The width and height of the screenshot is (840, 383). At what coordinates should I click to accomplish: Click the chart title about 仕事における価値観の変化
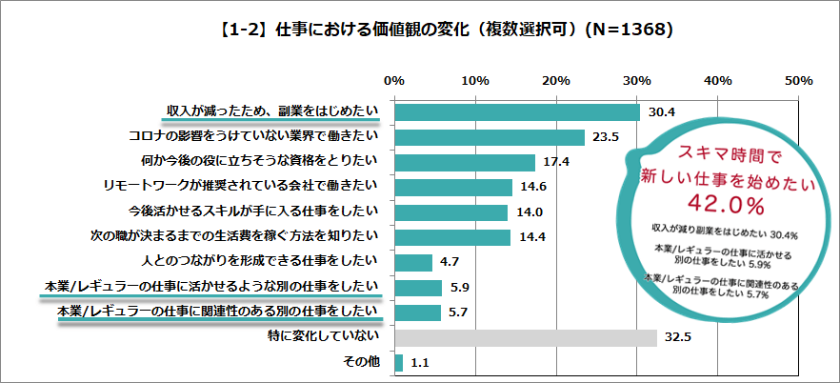[420, 30]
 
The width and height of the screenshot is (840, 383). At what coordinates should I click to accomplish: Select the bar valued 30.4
[516, 111]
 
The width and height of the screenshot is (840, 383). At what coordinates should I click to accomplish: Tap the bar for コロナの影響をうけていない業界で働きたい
[489, 137]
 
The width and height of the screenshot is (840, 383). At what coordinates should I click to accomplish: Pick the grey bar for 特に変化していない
[525, 337]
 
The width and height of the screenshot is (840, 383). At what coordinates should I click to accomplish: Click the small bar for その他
[398, 362]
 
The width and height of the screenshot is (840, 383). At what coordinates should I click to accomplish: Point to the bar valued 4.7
[412, 262]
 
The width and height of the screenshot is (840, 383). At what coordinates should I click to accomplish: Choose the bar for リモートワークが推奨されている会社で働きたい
[452, 187]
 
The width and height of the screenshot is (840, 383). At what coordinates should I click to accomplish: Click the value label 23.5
[606, 137]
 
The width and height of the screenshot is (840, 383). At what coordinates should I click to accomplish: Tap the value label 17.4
[556, 162]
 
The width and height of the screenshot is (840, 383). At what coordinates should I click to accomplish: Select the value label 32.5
[678, 337]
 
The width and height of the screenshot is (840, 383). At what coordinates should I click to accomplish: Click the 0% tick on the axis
[393, 81]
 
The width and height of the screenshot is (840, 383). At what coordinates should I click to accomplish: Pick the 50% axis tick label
[797, 81]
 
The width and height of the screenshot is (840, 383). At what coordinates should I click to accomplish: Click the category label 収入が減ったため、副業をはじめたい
[272, 111]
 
